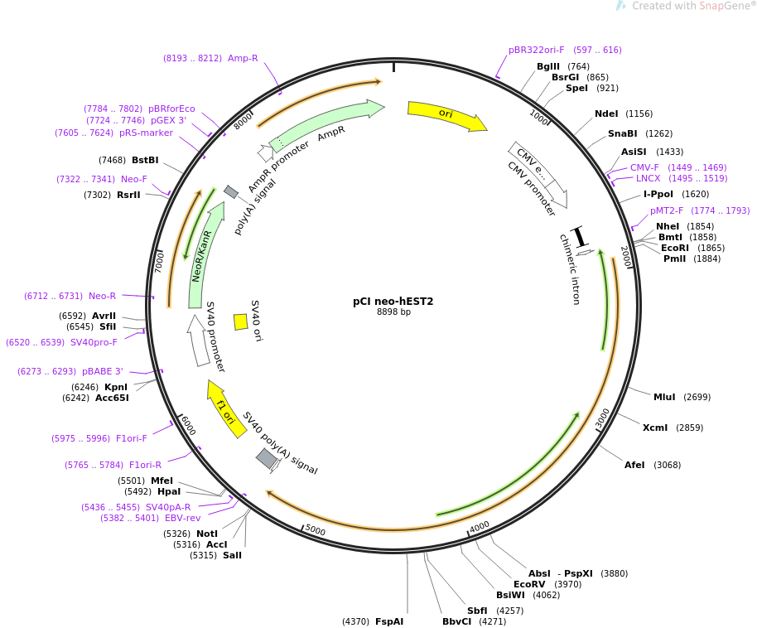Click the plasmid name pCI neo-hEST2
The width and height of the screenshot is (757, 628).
pos(393,302)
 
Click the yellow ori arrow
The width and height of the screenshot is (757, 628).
pos(446,115)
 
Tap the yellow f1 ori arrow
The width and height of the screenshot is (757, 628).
pos(225,408)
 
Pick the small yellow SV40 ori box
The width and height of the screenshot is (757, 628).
pos(240,321)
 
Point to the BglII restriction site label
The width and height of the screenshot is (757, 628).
pos(548,66)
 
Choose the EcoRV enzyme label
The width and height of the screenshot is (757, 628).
pos(529,584)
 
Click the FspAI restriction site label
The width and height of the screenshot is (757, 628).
pos(389,621)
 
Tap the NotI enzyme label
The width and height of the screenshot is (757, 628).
pos(207,534)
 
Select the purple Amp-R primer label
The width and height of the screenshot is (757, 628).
pos(243,58)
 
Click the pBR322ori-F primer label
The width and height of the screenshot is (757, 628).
pos(536,50)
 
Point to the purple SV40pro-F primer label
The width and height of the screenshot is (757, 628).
pos(94,342)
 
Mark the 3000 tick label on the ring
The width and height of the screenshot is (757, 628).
pos(602,418)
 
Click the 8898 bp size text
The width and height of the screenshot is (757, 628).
pos(393,312)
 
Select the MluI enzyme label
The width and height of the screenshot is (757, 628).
pos(664,397)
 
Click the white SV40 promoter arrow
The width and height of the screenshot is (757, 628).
pos(199,341)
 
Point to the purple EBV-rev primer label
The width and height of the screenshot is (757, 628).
pos(183,518)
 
